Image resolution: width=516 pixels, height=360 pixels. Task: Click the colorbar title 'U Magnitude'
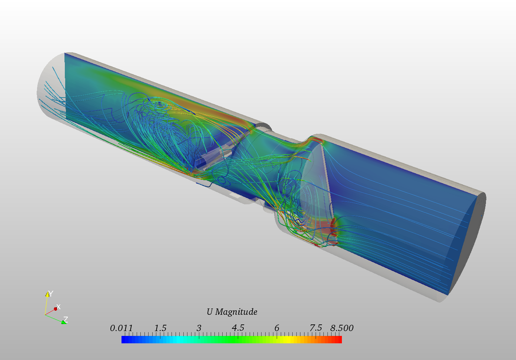click(x=232, y=312)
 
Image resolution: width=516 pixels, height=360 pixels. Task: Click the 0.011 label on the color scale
click(x=121, y=328)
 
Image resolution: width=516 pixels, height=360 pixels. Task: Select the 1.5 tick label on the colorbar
click(x=160, y=328)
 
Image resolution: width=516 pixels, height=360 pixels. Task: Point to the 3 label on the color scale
click(x=199, y=328)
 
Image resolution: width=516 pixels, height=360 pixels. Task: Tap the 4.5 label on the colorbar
click(x=238, y=328)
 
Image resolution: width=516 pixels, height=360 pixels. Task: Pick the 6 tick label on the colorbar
click(x=277, y=328)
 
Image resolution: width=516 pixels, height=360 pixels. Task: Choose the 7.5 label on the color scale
click(x=316, y=328)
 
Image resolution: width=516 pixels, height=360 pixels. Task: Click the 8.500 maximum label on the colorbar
click(x=342, y=328)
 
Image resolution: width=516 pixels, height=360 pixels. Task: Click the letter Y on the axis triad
click(x=51, y=294)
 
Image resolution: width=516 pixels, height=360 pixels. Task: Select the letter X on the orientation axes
click(x=59, y=307)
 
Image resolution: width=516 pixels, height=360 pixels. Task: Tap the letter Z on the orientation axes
click(x=66, y=319)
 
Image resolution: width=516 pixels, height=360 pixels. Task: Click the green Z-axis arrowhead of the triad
click(x=63, y=322)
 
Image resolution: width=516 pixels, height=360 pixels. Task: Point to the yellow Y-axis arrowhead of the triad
click(x=47, y=294)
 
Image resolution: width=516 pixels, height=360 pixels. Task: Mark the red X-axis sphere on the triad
click(x=56, y=308)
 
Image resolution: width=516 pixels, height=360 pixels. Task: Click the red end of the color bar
click(x=338, y=339)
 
